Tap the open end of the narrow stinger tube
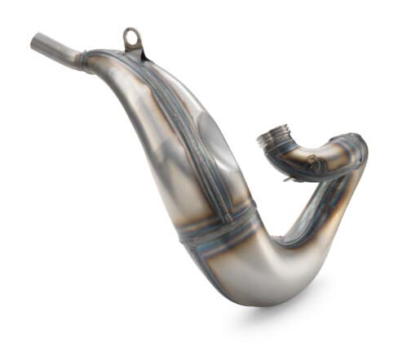pyautogui.click(x=37, y=41)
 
